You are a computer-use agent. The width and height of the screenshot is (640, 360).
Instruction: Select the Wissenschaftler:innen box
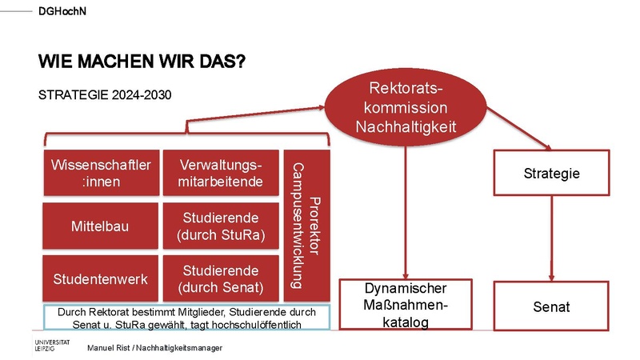tap(101, 173)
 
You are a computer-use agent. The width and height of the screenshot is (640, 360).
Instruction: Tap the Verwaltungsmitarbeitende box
tap(220, 173)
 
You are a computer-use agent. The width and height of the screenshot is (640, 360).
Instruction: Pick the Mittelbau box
tap(101, 226)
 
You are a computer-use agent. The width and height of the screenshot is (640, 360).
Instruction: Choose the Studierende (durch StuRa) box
tap(220, 226)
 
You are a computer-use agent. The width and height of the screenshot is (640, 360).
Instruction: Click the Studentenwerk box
tap(101, 278)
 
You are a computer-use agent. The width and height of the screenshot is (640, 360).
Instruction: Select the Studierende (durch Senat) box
tap(220, 278)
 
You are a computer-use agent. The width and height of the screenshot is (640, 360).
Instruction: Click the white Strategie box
tap(551, 173)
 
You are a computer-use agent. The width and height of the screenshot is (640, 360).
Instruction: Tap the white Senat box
tap(551, 306)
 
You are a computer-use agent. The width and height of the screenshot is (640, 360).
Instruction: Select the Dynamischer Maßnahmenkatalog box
tap(406, 305)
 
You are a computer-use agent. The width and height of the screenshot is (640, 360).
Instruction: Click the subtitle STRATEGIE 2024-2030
tap(105, 95)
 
